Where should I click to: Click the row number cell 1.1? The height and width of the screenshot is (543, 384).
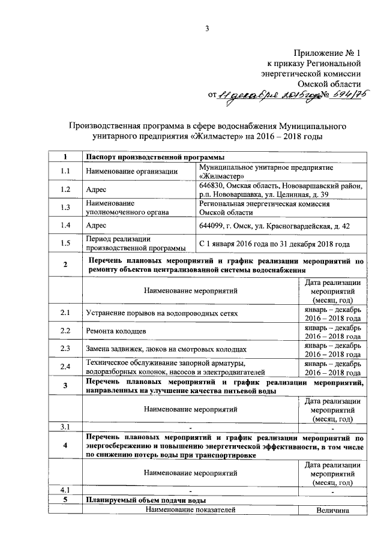coord(65,172)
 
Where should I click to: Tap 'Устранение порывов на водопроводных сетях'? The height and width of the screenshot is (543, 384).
coord(162,313)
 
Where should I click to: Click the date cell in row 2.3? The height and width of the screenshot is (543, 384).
coord(332,350)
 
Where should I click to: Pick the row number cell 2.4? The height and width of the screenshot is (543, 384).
coord(65,367)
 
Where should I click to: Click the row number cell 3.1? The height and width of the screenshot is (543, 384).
coord(65,427)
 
